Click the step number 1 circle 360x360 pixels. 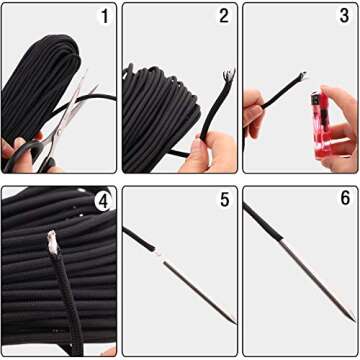coord(104,17)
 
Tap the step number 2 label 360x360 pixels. coord(224,17)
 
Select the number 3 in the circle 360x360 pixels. coord(344,17)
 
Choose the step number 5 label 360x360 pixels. coord(224,200)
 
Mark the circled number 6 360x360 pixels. coord(344,200)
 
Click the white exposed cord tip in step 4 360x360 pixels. coord(51,240)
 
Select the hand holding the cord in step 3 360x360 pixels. coord(252,100)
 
